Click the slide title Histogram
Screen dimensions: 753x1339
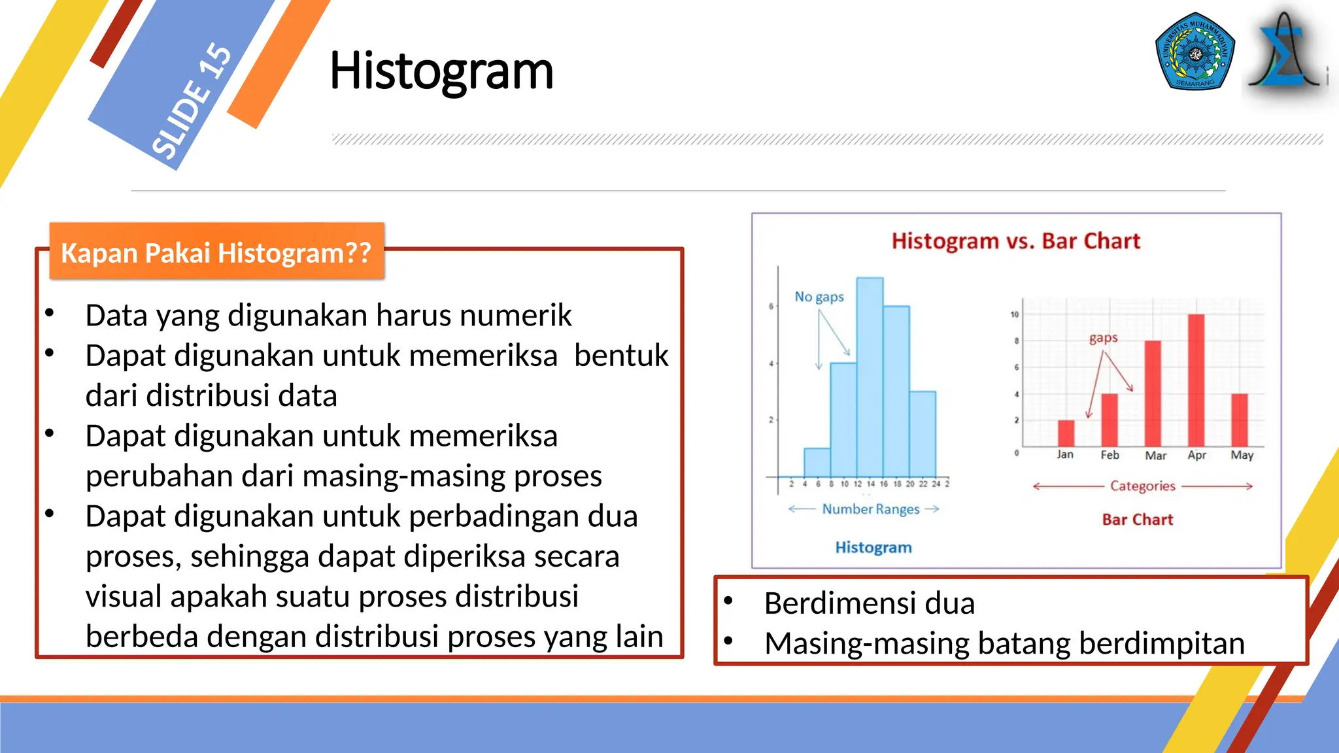(441, 71)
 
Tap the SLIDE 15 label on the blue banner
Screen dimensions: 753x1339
(191, 101)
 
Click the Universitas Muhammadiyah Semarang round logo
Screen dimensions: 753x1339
(1195, 52)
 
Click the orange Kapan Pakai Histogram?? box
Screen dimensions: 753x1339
(216, 252)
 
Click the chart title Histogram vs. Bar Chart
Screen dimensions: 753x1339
(1015, 241)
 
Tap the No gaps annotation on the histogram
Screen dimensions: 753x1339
(819, 297)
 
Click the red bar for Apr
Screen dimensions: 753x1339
(1196, 379)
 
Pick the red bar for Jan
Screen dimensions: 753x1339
(1066, 433)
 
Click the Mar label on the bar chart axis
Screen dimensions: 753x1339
(1155, 456)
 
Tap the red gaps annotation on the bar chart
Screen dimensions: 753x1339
(1103, 338)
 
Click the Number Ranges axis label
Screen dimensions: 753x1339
(870, 509)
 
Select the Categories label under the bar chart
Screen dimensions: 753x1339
(1142, 486)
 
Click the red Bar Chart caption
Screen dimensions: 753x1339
(1137, 520)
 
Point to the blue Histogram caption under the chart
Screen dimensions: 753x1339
(873, 548)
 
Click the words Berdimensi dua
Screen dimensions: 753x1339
(869, 603)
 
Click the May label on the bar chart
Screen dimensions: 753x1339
(1241, 455)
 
